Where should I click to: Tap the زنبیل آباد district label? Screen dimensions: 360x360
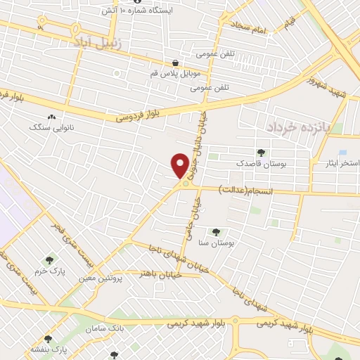98,43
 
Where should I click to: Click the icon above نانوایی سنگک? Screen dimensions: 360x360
50,117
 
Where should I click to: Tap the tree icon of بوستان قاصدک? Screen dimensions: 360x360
262,151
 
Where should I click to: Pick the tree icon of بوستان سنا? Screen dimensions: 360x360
215,232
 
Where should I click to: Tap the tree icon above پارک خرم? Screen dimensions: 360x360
49,260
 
